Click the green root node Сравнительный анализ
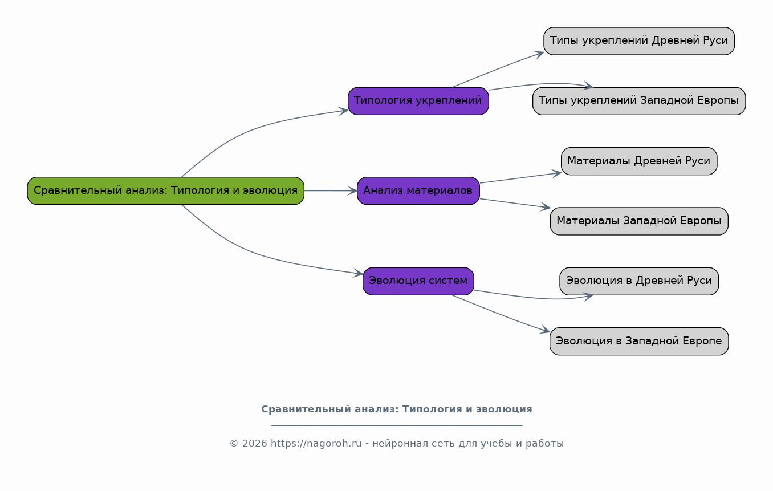(166, 191)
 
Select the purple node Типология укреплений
(418, 101)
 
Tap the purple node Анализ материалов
(418, 191)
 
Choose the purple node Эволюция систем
(418, 281)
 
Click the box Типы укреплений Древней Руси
(639, 41)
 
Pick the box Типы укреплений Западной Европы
(639, 101)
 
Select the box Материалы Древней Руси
(639, 161)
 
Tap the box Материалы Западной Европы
(639, 221)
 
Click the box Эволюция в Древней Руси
(639, 281)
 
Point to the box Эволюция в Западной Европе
(639, 342)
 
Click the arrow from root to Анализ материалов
(331, 191)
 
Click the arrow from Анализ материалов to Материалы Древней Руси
(520, 178)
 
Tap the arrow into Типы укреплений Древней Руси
(497, 69)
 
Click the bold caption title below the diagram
(397, 409)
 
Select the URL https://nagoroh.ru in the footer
(316, 443)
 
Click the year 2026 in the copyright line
(255, 443)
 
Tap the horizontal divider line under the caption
(397, 425)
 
